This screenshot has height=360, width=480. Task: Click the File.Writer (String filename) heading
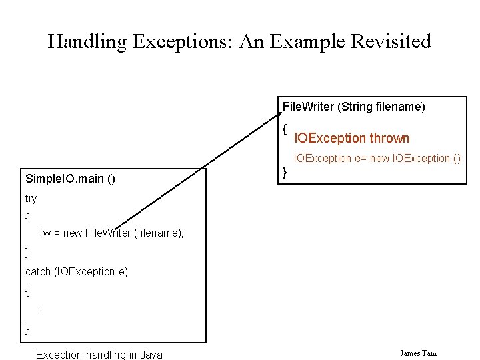click(354, 107)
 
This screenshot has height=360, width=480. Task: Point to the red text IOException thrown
click(352, 139)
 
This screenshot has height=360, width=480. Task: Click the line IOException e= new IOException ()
click(377, 159)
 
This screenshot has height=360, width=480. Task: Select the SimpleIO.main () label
click(70, 179)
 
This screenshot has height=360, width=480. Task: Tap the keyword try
click(31, 199)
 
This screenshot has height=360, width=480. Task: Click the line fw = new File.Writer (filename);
click(111, 233)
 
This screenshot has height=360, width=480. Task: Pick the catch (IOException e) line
click(77, 272)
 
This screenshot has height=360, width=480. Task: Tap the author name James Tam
click(418, 353)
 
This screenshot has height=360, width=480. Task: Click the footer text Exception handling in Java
click(99, 355)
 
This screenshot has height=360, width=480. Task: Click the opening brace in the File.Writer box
click(285, 129)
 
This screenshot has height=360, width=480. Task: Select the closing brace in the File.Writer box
click(285, 173)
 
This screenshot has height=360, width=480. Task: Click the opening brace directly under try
click(27, 217)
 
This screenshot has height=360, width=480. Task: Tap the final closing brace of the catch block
click(27, 329)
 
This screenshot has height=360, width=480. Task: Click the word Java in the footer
click(151, 355)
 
